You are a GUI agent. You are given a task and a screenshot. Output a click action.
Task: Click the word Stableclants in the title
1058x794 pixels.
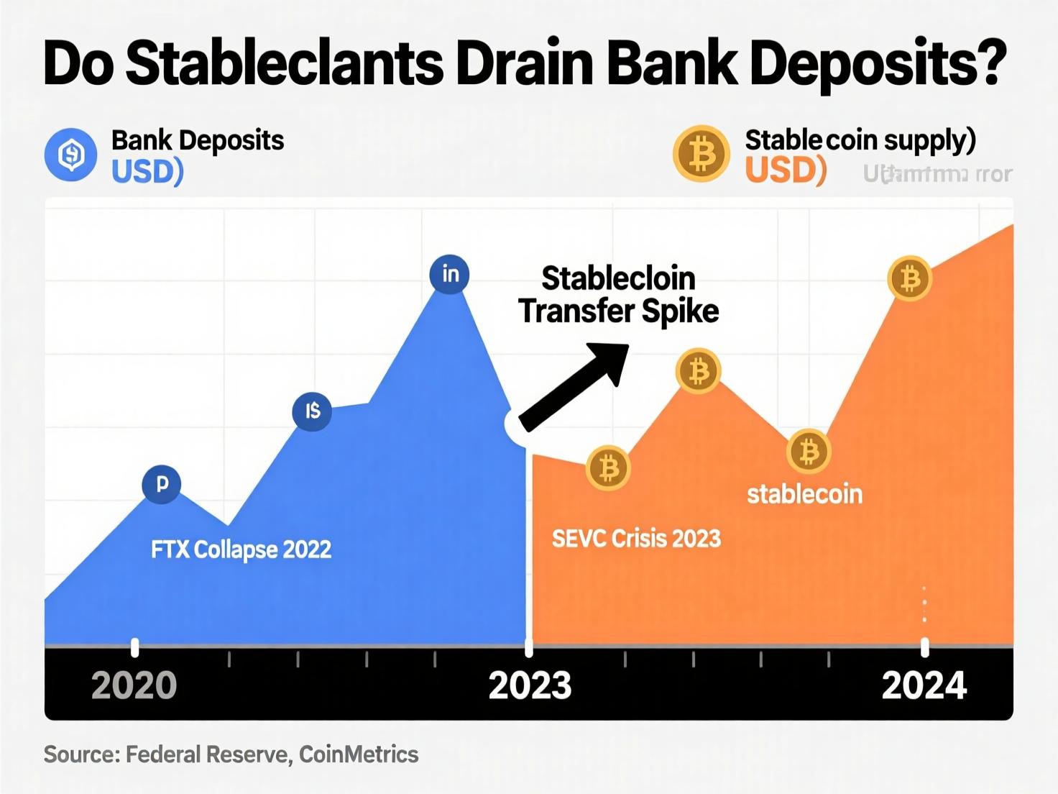click(286, 63)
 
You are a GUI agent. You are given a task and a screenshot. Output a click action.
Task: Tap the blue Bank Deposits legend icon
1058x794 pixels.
click(70, 154)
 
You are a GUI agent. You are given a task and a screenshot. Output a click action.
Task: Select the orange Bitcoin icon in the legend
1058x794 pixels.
click(701, 154)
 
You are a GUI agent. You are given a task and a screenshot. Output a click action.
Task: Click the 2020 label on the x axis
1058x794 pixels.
click(134, 685)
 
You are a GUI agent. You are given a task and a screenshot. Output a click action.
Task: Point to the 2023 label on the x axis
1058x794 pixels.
click(530, 685)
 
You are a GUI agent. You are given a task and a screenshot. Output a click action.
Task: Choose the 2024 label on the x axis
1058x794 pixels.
click(924, 685)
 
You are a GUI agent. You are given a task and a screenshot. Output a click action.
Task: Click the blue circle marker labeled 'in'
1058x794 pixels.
click(449, 274)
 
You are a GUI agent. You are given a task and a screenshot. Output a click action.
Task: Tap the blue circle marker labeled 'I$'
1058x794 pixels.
click(312, 411)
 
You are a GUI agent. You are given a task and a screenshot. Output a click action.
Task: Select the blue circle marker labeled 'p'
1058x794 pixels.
click(162, 483)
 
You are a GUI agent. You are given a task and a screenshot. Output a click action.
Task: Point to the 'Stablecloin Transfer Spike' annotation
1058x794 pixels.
click(618, 295)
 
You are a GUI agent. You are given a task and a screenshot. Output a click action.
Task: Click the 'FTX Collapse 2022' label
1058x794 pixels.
click(241, 549)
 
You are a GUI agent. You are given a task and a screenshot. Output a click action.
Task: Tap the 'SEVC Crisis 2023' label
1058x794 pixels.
click(636, 538)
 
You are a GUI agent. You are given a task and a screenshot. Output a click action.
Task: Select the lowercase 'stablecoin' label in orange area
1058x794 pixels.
click(804, 494)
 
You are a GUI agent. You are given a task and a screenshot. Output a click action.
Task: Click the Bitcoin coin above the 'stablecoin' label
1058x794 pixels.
click(809, 452)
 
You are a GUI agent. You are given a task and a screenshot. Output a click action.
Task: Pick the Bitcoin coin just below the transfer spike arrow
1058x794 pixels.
click(698, 372)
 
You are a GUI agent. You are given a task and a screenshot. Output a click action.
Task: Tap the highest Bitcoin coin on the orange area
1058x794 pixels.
click(910, 278)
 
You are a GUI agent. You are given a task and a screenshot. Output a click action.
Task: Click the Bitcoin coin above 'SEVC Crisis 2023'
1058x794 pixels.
click(609, 468)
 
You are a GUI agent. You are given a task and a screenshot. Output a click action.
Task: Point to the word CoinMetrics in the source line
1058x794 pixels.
click(359, 754)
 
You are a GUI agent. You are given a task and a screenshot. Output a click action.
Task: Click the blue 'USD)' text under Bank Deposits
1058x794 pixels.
click(147, 171)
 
